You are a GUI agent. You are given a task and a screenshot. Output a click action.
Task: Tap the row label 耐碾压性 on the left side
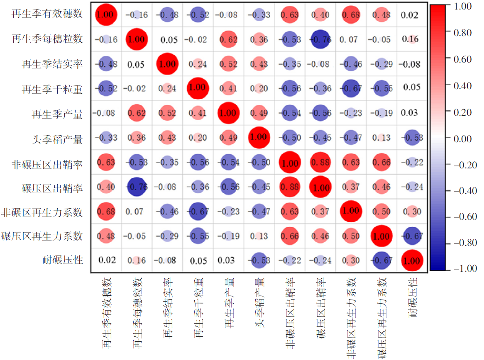click(63, 260)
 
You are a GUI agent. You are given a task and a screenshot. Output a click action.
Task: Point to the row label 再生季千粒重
click(53, 88)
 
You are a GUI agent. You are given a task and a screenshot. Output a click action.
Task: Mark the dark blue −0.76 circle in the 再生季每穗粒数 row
click(320, 39)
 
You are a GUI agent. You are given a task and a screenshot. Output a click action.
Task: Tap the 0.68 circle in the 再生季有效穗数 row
click(351, 15)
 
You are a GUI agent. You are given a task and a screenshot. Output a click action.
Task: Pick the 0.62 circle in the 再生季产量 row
click(137, 113)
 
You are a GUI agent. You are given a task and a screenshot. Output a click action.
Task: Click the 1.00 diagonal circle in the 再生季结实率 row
click(168, 64)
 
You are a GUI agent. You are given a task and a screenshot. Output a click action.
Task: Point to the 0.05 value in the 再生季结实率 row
click(137, 64)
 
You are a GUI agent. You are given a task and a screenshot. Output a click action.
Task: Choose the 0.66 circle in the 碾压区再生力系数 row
click(290, 236)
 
